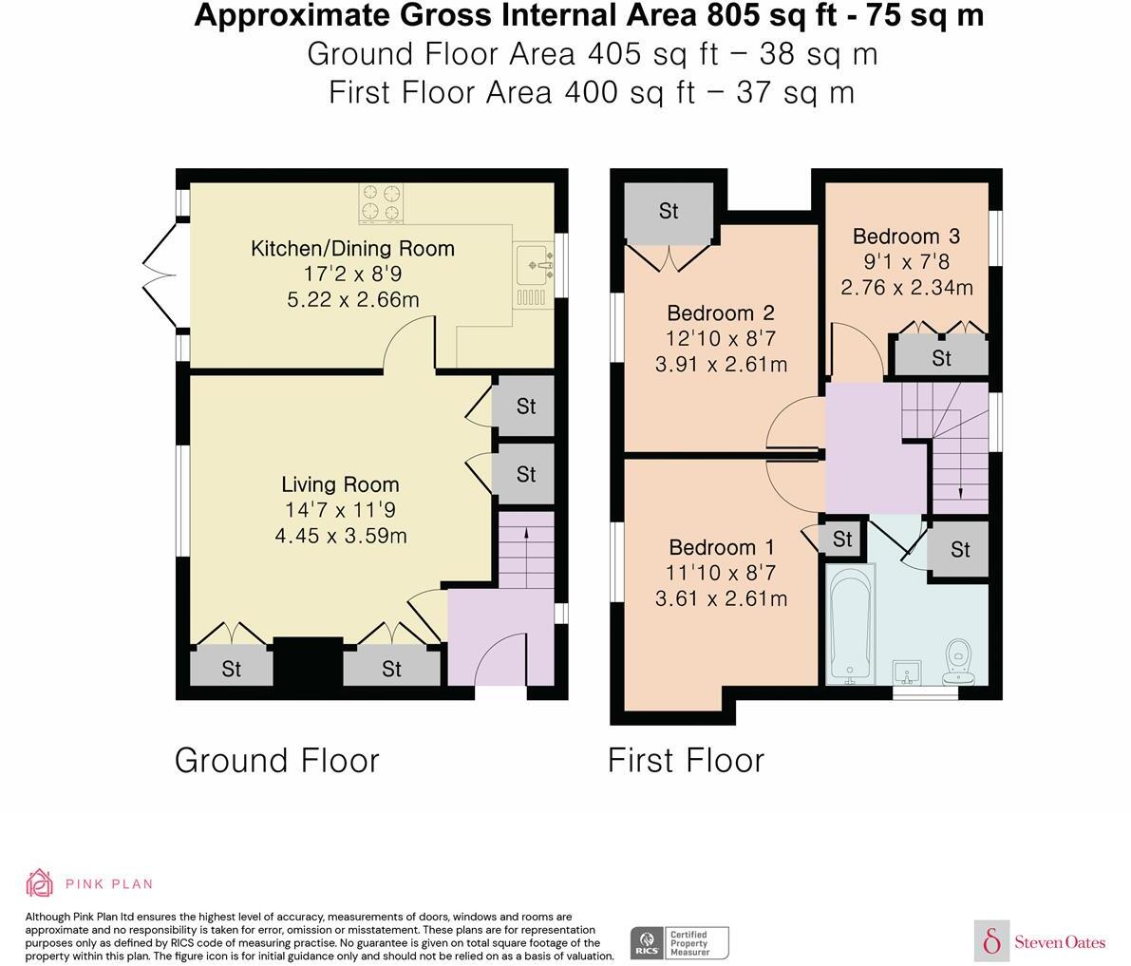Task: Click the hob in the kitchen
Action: (381, 202)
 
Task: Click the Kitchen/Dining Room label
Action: (352, 249)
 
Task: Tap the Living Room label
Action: (341, 484)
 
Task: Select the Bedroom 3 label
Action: (907, 236)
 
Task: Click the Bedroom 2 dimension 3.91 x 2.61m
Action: (722, 365)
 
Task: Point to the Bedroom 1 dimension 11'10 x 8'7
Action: (721, 573)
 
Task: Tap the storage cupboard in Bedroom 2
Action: (669, 211)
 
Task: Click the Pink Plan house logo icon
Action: (40, 882)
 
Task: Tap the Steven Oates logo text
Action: (1060, 941)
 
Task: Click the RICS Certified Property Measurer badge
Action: (680, 943)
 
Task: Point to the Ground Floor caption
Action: (277, 761)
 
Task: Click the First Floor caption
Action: (686, 761)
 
